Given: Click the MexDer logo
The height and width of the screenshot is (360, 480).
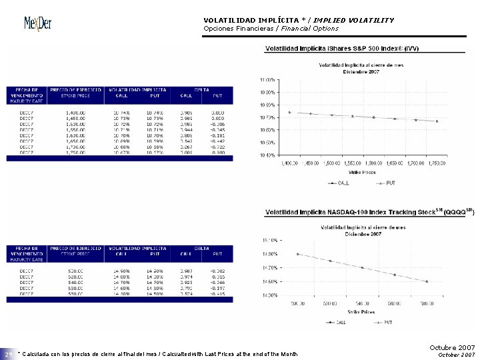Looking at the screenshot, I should pyautogui.click(x=38, y=24).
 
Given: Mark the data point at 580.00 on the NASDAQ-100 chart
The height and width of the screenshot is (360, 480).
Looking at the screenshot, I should pyautogui.click(x=426, y=281).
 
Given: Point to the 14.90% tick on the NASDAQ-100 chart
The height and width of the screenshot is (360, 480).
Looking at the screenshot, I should pyautogui.click(x=270, y=253).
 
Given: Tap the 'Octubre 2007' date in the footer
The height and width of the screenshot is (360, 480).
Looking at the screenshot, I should pyautogui.click(x=453, y=347).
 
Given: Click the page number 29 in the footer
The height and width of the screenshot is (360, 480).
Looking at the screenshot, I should pyautogui.click(x=8, y=354).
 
